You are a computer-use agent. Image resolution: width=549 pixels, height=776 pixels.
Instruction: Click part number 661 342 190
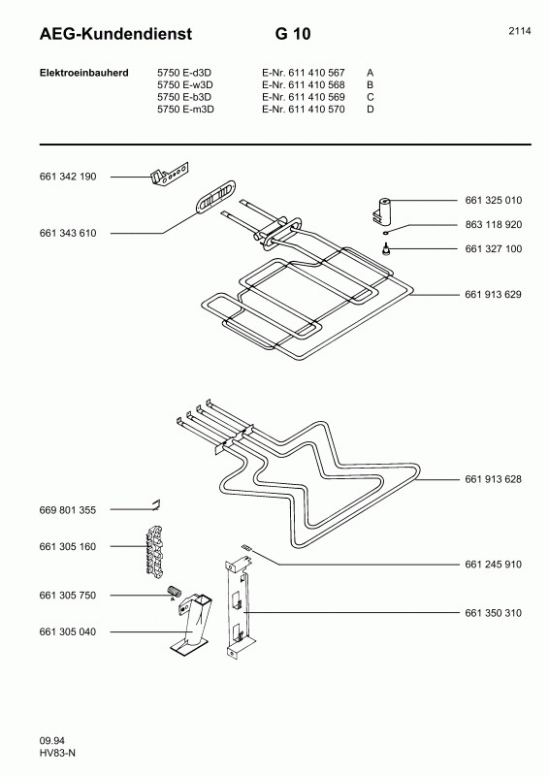pyautogui.click(x=68, y=177)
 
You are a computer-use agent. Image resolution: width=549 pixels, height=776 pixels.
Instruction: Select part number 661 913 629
pyautogui.click(x=493, y=295)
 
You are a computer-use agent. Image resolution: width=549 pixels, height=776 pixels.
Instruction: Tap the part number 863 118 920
pyautogui.click(x=494, y=225)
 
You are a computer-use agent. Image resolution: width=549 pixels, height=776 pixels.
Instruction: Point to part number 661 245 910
pyautogui.click(x=493, y=565)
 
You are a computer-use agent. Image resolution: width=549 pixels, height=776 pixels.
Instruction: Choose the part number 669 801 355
pyautogui.click(x=68, y=510)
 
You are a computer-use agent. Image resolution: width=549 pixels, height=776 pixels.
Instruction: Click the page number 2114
pyautogui.click(x=520, y=31)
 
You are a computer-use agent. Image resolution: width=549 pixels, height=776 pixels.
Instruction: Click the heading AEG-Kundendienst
pyautogui.click(x=115, y=34)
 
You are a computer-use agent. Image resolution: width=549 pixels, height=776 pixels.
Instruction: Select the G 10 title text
pyautogui.click(x=293, y=34)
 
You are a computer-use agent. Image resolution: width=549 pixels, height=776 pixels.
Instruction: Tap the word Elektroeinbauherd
pyautogui.click(x=84, y=73)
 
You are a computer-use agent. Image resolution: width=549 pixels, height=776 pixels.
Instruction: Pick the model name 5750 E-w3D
pyautogui.click(x=185, y=85)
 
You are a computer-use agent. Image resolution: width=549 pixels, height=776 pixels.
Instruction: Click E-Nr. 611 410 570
pyautogui.click(x=304, y=110)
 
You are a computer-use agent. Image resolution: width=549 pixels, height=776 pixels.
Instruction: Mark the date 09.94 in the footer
pyautogui.click(x=52, y=741)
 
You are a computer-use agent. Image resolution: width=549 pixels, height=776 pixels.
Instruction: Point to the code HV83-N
pyautogui.click(x=57, y=754)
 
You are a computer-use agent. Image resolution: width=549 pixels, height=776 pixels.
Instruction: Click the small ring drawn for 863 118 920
pyautogui.click(x=386, y=231)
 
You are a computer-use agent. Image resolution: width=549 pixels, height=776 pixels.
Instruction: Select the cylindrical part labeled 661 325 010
pyautogui.click(x=381, y=210)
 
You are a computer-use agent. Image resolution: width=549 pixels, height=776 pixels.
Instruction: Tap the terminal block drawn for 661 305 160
pyautogui.click(x=154, y=550)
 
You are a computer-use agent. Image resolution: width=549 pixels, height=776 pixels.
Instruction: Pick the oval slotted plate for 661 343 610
pyautogui.click(x=216, y=197)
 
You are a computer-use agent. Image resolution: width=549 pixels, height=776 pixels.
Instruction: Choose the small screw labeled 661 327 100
pyautogui.click(x=386, y=249)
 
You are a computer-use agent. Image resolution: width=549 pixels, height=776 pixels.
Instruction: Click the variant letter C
pyautogui.click(x=371, y=97)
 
